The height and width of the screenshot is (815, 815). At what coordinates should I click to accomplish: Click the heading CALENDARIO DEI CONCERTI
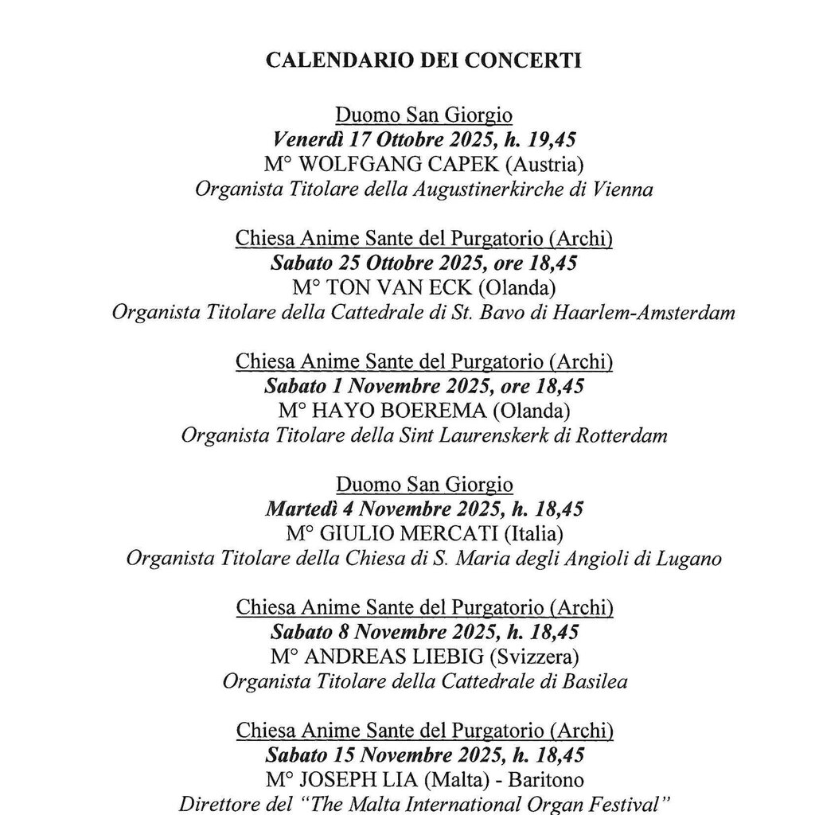coord(423,61)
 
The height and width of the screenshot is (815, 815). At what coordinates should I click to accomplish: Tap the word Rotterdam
coord(623,435)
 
